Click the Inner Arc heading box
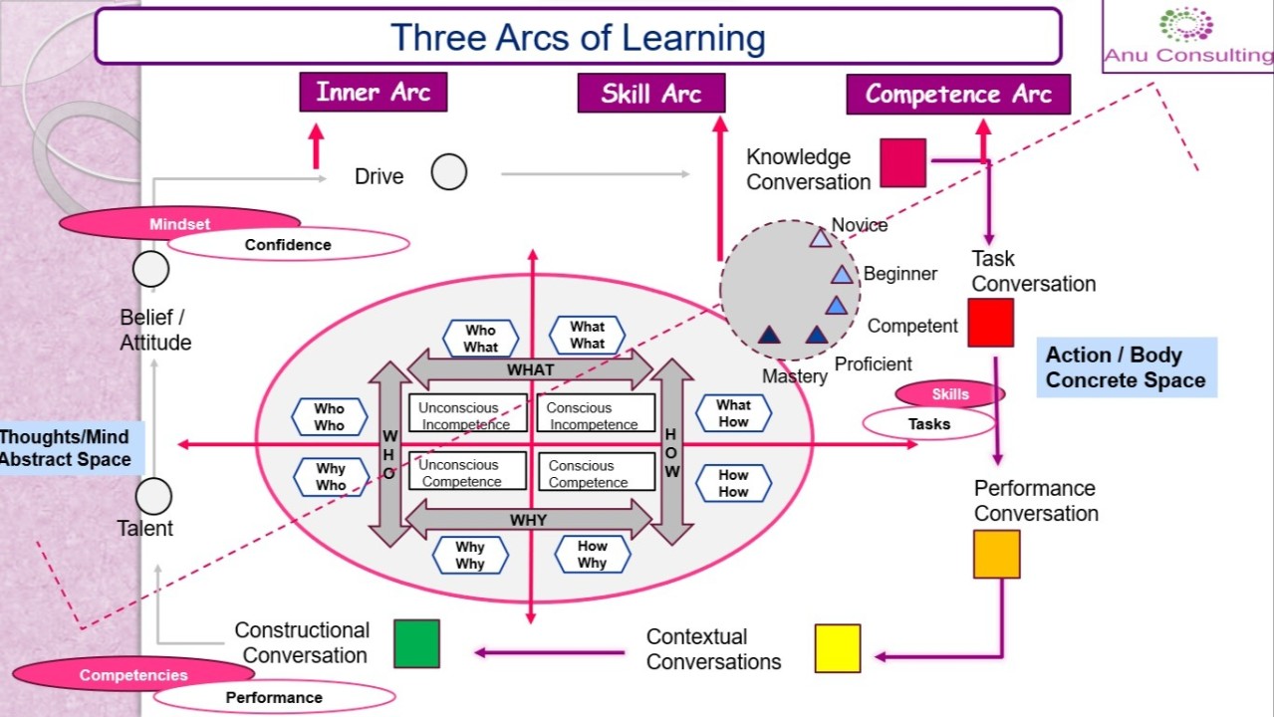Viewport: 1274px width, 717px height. pyautogui.click(x=374, y=93)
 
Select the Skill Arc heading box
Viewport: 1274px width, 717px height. pyautogui.click(x=651, y=95)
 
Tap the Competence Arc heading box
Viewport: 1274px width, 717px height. pyautogui.click(x=958, y=95)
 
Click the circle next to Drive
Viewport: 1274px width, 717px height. pyautogui.click(x=449, y=172)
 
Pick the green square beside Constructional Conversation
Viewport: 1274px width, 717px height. pyautogui.click(x=416, y=643)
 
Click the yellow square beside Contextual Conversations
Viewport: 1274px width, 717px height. pyautogui.click(x=838, y=648)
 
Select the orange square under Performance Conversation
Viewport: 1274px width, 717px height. pyautogui.click(x=997, y=555)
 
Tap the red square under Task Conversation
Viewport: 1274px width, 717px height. pyautogui.click(x=991, y=323)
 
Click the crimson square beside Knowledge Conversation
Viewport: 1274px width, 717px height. pyautogui.click(x=903, y=163)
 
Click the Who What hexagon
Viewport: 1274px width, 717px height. pyautogui.click(x=480, y=339)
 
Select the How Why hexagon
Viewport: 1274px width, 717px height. pyautogui.click(x=592, y=555)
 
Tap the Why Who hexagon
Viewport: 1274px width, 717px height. pyautogui.click(x=331, y=477)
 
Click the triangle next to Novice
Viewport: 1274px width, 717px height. pyautogui.click(x=820, y=238)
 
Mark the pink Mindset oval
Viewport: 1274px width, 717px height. pyautogui.click(x=179, y=224)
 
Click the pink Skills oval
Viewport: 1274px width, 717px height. pyautogui.click(x=949, y=394)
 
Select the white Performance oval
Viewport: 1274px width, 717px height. pyautogui.click(x=274, y=697)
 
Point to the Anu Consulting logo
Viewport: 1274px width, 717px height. pyautogui.click(x=1188, y=37)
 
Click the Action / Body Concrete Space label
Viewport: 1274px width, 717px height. pyautogui.click(x=1127, y=367)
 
